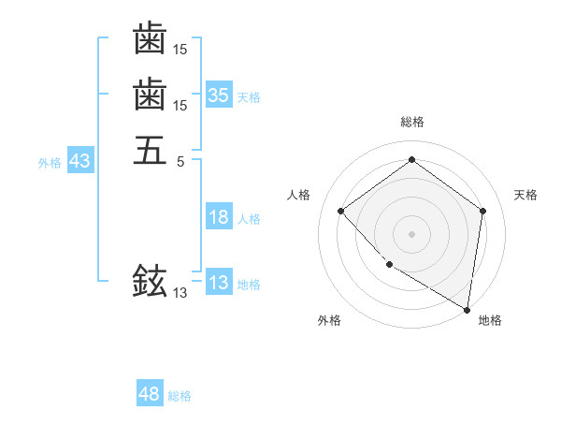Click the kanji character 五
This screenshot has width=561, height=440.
tap(150, 149)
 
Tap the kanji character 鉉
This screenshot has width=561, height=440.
tap(150, 280)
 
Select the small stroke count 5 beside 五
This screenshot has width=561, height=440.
tap(180, 160)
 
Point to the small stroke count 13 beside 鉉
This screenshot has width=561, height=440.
tap(180, 293)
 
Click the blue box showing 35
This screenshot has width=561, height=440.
tap(219, 95)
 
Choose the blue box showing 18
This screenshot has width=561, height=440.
tap(219, 218)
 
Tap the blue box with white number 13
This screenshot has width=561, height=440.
tap(219, 284)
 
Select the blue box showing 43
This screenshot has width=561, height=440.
tap(80, 161)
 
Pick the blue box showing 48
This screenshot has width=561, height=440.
tap(150, 395)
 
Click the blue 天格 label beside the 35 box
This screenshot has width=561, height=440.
tap(249, 97)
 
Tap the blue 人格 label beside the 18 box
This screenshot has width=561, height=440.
tap(249, 219)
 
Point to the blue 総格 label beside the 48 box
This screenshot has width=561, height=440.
tap(180, 396)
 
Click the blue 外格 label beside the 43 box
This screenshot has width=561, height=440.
tap(50, 162)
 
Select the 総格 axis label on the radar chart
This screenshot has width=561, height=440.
tap(411, 122)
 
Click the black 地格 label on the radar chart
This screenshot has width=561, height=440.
tap(490, 320)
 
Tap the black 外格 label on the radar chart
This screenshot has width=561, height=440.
tap(329, 320)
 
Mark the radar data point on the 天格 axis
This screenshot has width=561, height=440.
tap(482, 211)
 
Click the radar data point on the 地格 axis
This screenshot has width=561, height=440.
tap(467, 308)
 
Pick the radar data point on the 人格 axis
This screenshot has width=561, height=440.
tap(341, 211)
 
